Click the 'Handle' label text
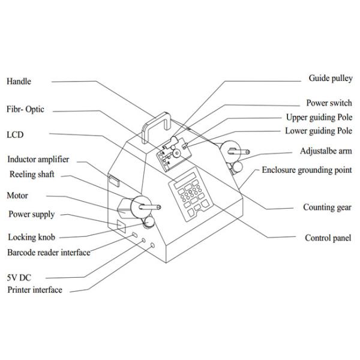pos(19,82)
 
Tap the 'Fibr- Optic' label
pos(25,110)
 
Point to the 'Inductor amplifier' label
pos(38,160)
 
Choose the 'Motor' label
pos(17,196)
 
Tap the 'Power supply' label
pos(31,214)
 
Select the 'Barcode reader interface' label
pos(49,253)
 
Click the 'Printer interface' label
pos(35,290)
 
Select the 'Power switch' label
pos(329,103)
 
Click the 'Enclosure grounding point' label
pos(307,170)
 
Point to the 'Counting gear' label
pos(327,208)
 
